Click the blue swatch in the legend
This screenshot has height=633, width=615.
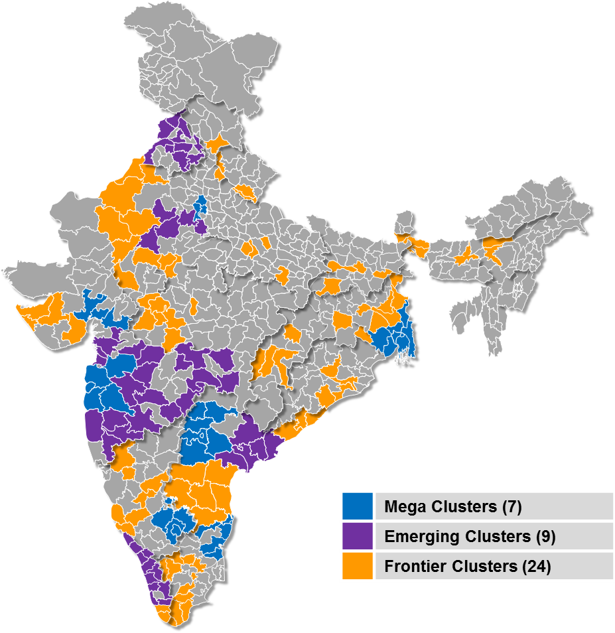point(358,507)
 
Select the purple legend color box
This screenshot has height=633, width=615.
point(358,536)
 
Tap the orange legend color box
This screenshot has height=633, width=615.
point(358,566)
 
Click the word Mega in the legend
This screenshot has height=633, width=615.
point(405,508)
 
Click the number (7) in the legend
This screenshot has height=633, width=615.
point(512,508)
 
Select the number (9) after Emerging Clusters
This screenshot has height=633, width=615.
point(545,537)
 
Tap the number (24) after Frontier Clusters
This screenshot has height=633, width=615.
point(536,567)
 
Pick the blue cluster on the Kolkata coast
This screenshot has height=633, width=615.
point(398,338)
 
